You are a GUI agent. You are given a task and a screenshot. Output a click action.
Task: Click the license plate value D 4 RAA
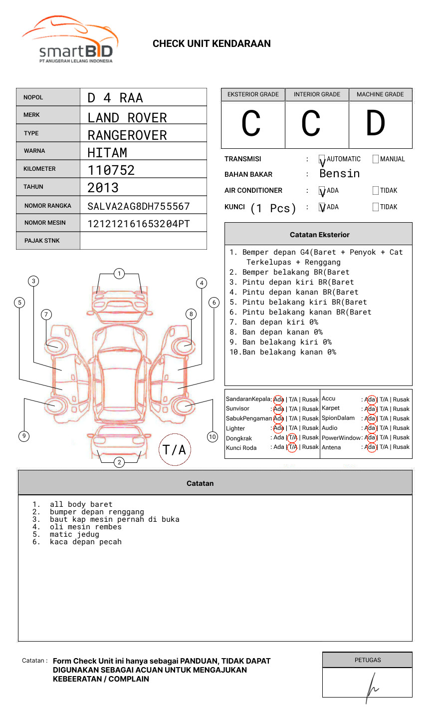pos(115,98)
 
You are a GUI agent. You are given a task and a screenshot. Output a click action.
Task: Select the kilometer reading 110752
pos(111,170)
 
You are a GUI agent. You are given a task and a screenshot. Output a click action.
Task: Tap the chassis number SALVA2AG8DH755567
pos(139,206)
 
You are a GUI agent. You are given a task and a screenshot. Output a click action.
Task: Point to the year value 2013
pos(103,188)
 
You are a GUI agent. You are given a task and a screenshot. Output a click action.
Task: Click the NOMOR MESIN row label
pos(45,223)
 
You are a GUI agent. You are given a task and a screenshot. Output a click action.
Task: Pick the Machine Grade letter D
pos(376,123)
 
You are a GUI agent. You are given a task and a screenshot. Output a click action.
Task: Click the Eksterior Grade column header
pos(253,94)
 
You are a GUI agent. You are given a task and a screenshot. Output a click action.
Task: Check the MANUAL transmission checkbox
pos(376,159)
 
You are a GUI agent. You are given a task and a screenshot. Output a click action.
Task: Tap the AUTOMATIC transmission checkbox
pos(322,159)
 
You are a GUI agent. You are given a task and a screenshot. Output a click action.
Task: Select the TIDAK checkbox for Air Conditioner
pos(376,191)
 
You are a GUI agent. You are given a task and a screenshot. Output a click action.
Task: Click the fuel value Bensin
pos(339,174)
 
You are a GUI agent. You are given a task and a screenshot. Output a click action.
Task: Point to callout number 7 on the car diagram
pos(46,314)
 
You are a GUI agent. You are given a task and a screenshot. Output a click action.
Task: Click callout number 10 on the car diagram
pos(213,437)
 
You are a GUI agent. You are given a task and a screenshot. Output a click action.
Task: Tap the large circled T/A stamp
pos(175,449)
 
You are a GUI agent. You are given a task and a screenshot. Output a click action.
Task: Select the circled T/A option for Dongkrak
pos(292,438)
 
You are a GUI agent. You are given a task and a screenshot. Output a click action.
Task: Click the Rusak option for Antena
pos(401,447)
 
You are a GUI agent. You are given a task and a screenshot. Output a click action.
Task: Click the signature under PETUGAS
pos(371,687)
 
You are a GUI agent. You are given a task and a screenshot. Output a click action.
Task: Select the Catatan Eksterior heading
pos(319,235)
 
